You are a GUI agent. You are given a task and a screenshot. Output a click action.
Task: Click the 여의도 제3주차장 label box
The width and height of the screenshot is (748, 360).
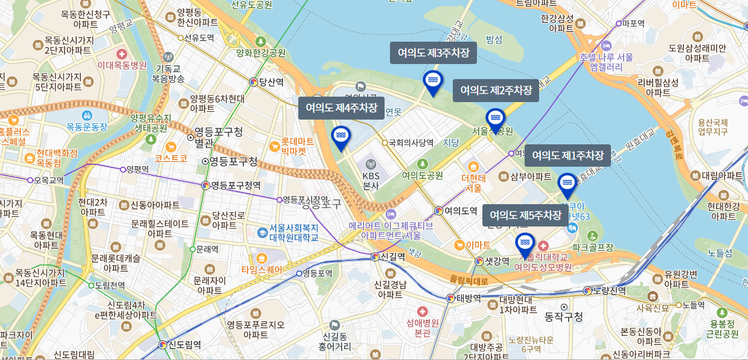[x=433, y=53]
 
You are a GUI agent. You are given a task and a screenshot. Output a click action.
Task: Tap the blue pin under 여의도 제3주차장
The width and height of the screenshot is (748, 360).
[x=432, y=82]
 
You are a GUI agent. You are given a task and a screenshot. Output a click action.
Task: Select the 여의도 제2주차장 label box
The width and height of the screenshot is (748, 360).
[x=496, y=90]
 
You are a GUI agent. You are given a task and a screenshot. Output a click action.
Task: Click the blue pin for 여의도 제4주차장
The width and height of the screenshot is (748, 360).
[x=340, y=137]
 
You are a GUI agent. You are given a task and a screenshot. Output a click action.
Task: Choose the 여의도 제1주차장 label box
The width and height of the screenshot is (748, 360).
[x=567, y=155]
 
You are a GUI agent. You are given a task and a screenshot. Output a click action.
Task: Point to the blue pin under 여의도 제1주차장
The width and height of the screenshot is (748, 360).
[x=567, y=184]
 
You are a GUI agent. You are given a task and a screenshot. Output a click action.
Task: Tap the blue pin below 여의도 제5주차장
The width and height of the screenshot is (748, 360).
[x=525, y=243]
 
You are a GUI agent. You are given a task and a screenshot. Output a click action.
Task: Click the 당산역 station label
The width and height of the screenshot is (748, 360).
[x=270, y=82]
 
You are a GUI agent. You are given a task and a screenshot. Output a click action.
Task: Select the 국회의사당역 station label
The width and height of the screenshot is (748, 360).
[x=411, y=143]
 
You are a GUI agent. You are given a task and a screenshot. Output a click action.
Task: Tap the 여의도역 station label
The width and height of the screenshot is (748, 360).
[x=461, y=211]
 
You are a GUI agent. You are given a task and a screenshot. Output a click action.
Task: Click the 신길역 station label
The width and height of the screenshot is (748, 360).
[x=392, y=256]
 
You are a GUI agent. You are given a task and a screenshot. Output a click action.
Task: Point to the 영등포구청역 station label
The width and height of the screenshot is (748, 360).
[x=235, y=185]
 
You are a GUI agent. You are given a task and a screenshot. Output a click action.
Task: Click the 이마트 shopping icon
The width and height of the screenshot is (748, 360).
[x=459, y=245]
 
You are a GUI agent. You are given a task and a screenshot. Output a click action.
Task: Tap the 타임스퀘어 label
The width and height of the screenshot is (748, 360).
[x=261, y=269]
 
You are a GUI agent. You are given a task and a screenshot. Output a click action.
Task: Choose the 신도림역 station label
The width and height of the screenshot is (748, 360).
[x=184, y=345]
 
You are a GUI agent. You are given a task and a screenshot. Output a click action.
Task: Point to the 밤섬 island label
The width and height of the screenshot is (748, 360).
[x=494, y=40]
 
